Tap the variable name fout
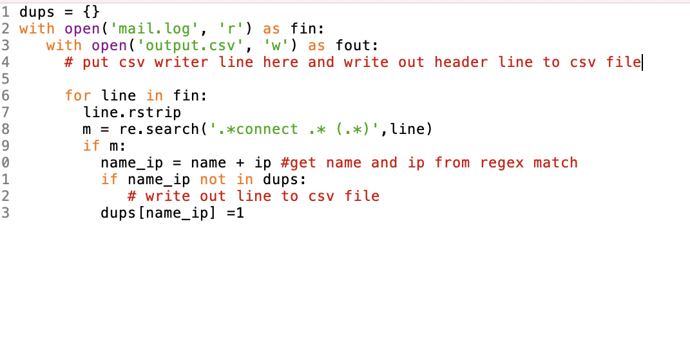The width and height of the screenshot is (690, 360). coord(354,45)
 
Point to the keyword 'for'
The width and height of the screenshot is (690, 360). coord(78,95)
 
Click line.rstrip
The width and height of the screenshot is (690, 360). coord(132,112)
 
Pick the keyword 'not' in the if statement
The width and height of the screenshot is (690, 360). coord(213,179)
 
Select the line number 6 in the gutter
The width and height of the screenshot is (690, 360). coord(5,95)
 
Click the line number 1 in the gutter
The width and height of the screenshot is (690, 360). coord(5,12)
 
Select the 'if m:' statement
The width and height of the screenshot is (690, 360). coord(104,146)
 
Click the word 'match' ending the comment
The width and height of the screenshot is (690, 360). coord(555,162)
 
